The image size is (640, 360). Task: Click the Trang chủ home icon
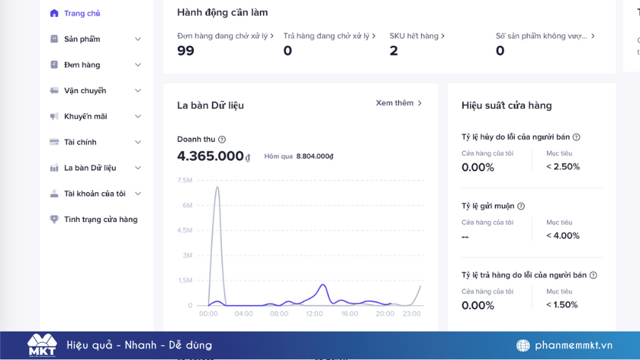(54, 14)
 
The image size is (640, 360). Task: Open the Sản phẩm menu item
(82, 39)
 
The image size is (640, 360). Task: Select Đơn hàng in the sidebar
(82, 65)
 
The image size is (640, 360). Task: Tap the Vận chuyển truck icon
(54, 90)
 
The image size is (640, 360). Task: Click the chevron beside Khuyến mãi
(138, 117)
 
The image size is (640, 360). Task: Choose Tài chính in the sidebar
(80, 142)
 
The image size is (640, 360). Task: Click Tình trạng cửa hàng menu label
(101, 220)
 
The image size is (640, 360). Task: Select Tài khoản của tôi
(95, 194)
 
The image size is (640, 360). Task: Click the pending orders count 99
(186, 51)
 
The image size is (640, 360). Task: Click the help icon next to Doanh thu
(222, 139)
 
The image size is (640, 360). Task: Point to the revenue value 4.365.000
(210, 156)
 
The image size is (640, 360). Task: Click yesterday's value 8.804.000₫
(315, 157)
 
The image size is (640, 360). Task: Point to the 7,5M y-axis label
(185, 180)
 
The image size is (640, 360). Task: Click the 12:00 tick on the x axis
(314, 314)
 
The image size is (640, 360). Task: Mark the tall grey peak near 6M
(218, 187)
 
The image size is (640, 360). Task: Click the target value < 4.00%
(563, 235)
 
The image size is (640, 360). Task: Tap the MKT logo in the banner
(42, 345)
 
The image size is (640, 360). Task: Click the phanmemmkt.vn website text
(573, 345)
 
